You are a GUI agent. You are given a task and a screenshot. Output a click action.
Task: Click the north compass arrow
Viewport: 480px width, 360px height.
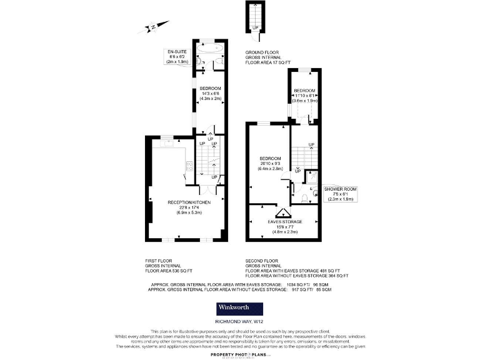point(152,27)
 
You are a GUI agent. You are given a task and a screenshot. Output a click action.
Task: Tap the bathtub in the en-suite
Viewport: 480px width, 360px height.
point(211,47)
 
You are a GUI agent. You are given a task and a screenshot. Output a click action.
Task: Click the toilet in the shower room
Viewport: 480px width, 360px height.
point(304,199)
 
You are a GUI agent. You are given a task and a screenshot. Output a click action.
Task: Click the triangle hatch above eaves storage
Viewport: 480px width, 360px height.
point(284,212)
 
